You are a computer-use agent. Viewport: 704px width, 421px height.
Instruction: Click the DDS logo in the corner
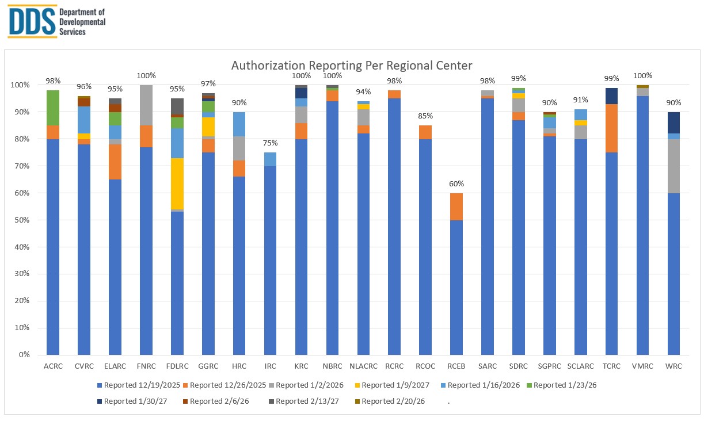pyautogui.click(x=56, y=21)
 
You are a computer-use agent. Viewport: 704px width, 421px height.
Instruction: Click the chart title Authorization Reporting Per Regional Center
pyautogui.click(x=351, y=65)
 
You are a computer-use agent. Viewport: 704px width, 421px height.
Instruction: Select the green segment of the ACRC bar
pyautogui.click(x=53, y=108)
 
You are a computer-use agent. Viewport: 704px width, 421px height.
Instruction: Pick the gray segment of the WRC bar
pyautogui.click(x=673, y=166)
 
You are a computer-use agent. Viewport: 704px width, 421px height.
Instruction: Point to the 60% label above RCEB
pyautogui.click(x=456, y=184)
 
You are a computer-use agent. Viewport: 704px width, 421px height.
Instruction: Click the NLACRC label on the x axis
pyautogui.click(x=363, y=366)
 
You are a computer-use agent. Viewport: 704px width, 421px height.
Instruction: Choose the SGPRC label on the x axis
pyautogui.click(x=550, y=366)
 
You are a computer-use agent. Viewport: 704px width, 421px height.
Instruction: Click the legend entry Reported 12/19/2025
pyautogui.click(x=140, y=385)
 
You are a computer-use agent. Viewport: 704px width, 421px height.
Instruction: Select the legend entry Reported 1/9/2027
pyautogui.click(x=394, y=385)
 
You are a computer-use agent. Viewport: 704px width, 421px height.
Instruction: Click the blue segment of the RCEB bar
pyautogui.click(x=456, y=288)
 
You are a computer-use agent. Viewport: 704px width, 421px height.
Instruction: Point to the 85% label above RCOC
pyautogui.click(x=425, y=116)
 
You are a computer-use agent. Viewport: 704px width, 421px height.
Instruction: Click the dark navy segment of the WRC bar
pyautogui.click(x=673, y=123)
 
